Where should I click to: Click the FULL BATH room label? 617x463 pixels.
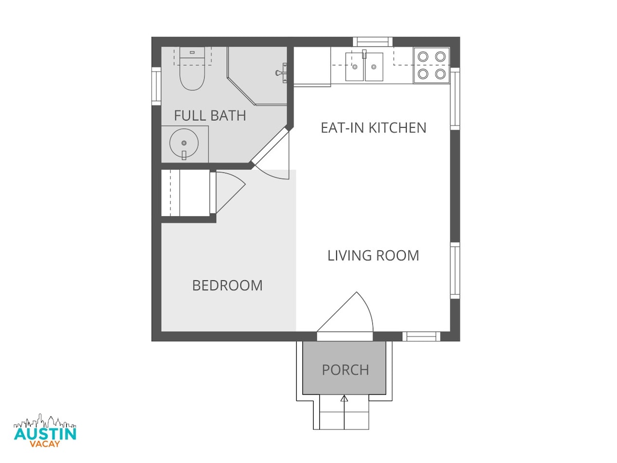[210, 116]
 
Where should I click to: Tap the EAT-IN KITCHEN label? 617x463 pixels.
[374, 128]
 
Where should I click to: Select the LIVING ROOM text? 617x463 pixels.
[373, 256]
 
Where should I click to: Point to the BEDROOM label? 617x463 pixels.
[227, 286]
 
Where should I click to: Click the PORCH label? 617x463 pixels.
[346, 370]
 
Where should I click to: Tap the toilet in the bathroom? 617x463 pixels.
[192, 68]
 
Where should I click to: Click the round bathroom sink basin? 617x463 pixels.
[184, 143]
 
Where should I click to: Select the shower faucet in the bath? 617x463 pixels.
[281, 73]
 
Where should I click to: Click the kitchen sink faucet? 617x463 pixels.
[365, 54]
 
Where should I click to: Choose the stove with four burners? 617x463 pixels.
[431, 65]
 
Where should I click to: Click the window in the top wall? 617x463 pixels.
[373, 42]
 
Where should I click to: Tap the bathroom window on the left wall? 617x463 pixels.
[156, 86]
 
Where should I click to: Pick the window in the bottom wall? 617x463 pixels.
[421, 336]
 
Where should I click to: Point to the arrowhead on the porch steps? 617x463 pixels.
[344, 398]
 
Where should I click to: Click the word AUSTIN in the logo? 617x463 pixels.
[45, 434]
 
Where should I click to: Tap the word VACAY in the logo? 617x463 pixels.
[45, 444]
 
